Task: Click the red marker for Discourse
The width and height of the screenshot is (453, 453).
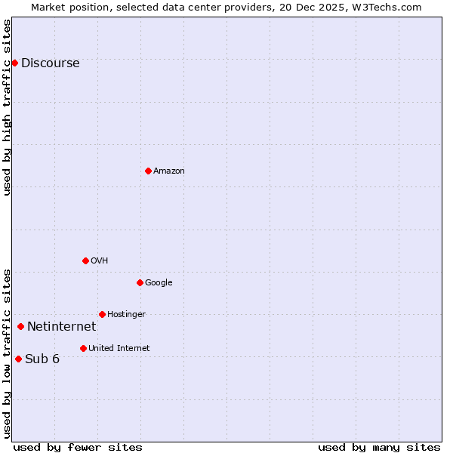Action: [14, 63]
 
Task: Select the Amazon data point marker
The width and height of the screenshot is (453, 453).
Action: [148, 171]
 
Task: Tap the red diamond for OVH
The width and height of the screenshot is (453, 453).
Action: [85, 260]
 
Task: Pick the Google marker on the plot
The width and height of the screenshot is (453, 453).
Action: [140, 282]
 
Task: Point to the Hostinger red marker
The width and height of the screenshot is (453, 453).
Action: [102, 314]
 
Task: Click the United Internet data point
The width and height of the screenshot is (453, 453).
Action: [83, 348]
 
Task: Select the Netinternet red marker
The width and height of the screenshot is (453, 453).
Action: [20, 326]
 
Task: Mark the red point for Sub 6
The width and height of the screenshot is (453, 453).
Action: [18, 359]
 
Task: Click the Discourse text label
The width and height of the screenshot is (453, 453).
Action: [50, 63]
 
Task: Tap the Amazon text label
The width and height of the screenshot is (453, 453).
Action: [168, 171]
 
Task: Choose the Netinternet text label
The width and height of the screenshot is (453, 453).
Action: [61, 327]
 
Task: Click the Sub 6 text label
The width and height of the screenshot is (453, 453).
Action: [42, 359]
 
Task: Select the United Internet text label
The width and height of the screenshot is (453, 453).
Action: [119, 349]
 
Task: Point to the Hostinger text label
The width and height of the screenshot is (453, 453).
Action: [126, 315]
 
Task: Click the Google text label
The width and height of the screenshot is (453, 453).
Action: [159, 283]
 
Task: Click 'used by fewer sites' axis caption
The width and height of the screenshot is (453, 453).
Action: [78, 447]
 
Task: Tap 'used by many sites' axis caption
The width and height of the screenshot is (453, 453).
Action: [379, 447]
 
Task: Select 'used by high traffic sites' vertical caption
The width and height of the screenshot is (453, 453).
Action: [7, 107]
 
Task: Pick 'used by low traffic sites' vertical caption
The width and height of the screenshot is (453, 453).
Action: [7, 353]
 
